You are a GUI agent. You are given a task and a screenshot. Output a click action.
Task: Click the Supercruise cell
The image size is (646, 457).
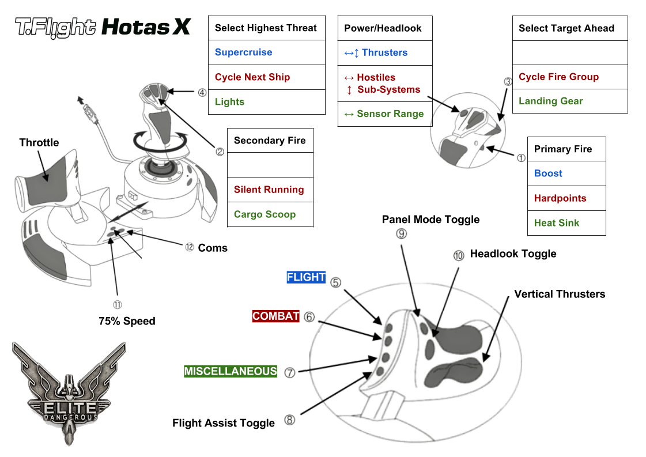[x=266, y=52]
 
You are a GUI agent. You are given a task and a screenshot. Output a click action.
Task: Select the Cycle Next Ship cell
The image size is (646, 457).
[x=266, y=77]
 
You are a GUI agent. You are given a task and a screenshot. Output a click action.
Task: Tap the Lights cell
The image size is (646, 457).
[x=266, y=102]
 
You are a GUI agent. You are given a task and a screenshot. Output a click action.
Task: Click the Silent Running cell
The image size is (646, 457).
[x=270, y=190]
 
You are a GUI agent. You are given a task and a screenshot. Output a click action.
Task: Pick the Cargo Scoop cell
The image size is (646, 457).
[x=270, y=214]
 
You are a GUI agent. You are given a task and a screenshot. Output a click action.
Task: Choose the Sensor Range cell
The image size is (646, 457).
[x=384, y=114]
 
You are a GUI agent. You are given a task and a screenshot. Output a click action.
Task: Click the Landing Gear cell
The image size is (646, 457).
[x=569, y=101]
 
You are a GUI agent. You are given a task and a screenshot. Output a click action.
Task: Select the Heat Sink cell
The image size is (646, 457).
[x=566, y=223]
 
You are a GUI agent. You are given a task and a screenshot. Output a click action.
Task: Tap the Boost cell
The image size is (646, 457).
[x=566, y=173]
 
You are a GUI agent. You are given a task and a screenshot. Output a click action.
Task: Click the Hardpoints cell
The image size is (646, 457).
[x=566, y=198]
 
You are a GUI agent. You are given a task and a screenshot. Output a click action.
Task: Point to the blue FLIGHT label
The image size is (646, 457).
[x=306, y=277]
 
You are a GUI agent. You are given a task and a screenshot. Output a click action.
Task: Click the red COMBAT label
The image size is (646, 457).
[x=276, y=316]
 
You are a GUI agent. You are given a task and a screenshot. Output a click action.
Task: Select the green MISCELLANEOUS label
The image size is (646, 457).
[x=231, y=372]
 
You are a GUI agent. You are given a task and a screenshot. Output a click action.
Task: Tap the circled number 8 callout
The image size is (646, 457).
[x=290, y=420]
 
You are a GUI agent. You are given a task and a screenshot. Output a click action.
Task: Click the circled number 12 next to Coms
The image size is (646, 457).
[x=189, y=247]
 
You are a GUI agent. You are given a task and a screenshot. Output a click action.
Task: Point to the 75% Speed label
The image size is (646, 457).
[x=127, y=321]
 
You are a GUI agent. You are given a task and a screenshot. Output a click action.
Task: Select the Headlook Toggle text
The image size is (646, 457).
[x=513, y=254]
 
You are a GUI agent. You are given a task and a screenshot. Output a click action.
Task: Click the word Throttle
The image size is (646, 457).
[x=39, y=143]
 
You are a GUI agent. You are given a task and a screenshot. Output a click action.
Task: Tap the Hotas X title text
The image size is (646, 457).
[x=145, y=27]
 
